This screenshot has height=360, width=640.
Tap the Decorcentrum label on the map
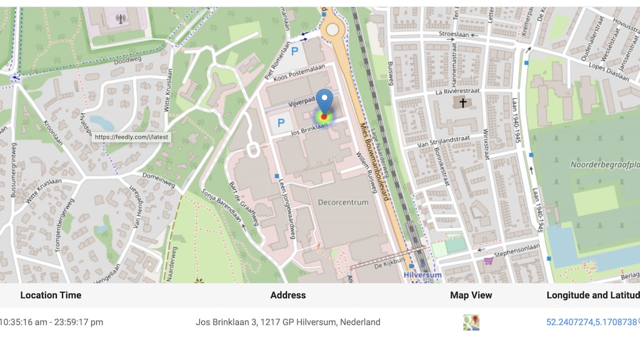[343, 202]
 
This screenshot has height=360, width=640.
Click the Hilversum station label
[422, 274]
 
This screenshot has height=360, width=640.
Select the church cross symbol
[463, 102]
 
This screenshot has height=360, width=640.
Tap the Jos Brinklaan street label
[309, 129]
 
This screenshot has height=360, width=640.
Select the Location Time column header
[51, 295]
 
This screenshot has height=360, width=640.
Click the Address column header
[288, 295]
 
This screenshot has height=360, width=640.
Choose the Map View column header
[471, 295]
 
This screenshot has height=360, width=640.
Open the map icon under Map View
[471, 322]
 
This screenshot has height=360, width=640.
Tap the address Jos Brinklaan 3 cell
[288, 322]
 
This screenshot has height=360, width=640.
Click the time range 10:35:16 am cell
[52, 322]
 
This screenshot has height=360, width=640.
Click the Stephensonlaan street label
[516, 254]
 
